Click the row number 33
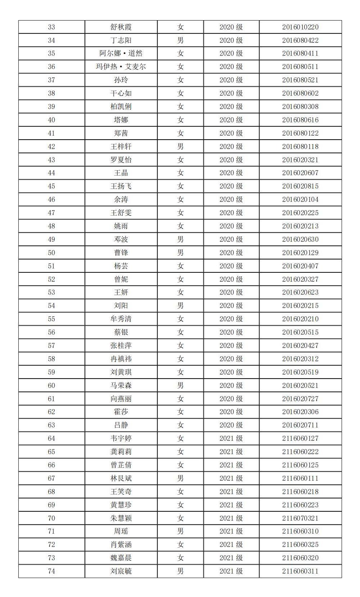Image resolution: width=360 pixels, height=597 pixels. pos(51,27)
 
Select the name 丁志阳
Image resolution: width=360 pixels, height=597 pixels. pos(121,40)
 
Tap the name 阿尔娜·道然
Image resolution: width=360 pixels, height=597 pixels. pos(121,54)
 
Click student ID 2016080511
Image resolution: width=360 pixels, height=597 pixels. pos(300,67)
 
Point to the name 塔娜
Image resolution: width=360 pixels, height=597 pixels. pos(121,120)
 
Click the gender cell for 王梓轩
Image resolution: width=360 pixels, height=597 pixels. pos(180,146)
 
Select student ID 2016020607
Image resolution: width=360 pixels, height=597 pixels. pos(300,173)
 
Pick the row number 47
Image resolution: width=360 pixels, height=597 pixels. pos(51,213)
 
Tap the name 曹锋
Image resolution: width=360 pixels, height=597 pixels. pos(121,253)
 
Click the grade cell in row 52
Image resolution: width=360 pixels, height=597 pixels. pos(231,279)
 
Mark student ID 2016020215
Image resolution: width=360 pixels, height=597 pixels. pos(300,306)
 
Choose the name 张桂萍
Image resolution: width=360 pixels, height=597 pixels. pos(121,345)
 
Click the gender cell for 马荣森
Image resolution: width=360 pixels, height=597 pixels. pos(180,385)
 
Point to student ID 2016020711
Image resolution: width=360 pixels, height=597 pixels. pos(300,425)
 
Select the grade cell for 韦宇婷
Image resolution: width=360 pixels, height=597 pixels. pos(231,438)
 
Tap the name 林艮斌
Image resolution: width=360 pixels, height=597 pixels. pos(121,478)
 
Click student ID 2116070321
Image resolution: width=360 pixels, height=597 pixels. pos(300,518)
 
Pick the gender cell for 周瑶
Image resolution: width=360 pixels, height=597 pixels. pos(180,531)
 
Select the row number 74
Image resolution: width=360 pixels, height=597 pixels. pos(51,571)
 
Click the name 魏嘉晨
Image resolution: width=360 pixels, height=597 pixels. pos(121,558)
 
